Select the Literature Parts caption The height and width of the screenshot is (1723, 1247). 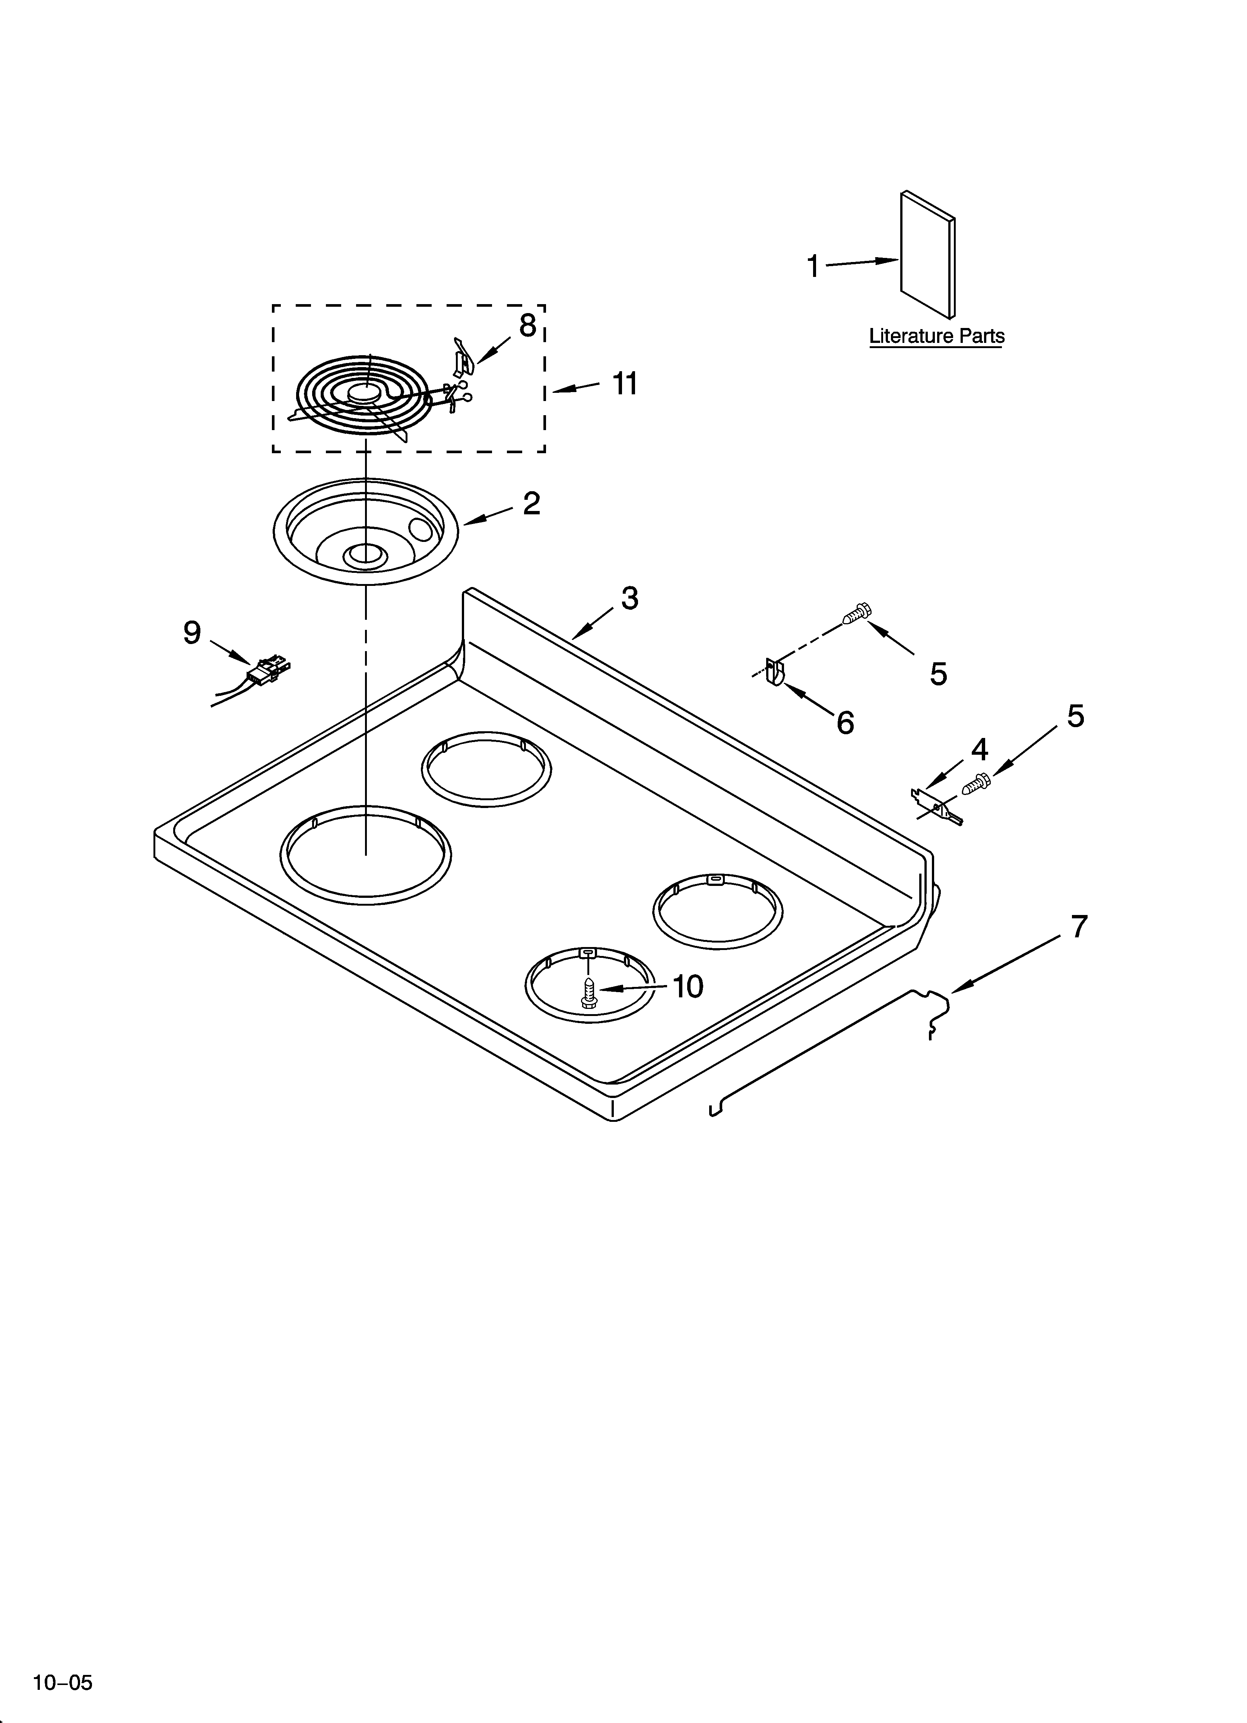point(936,336)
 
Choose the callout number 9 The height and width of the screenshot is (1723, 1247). point(192,632)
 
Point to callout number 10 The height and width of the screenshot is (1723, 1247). point(687,987)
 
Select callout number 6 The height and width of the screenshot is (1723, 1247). point(845,722)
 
